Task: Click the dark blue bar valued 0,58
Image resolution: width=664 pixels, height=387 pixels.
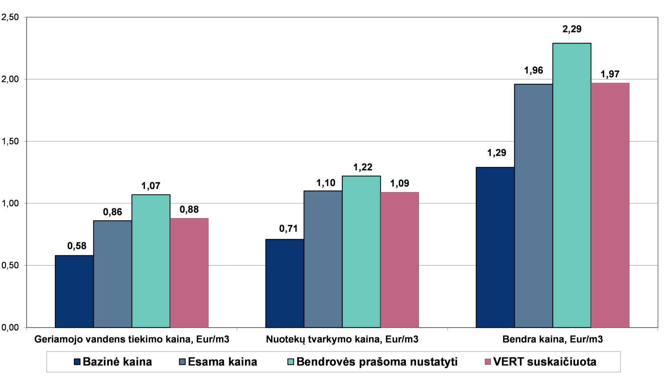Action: coord(74,291)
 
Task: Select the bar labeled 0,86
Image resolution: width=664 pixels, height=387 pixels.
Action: coord(113,274)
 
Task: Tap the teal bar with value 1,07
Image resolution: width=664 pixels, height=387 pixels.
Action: coord(151,261)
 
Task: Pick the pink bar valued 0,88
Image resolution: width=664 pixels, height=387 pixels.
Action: coord(189,273)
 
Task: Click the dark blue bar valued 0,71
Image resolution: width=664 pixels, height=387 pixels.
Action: coord(285,283)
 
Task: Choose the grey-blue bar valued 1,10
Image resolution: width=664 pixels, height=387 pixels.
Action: coord(323,259)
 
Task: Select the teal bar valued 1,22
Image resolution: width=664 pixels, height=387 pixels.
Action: coord(361,252)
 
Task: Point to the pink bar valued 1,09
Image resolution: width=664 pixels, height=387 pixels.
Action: coord(400,260)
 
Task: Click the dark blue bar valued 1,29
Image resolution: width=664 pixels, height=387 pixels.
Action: coord(495,247)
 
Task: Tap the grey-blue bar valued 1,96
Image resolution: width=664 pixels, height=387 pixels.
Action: coord(533,206)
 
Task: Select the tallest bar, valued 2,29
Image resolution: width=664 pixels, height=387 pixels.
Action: coord(572,185)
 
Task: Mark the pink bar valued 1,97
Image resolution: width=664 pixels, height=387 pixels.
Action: coord(610,205)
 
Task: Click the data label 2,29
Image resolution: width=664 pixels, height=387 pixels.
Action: coord(572,29)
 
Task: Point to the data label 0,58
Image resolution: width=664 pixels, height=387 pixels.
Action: coord(77,246)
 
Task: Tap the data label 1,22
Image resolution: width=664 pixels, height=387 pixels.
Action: coord(363,167)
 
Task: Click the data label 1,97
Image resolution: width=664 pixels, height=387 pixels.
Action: coord(610,74)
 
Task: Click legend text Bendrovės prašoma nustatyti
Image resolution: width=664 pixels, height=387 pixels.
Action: coord(377,362)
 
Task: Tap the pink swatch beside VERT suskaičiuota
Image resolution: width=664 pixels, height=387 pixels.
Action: coord(487,362)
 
